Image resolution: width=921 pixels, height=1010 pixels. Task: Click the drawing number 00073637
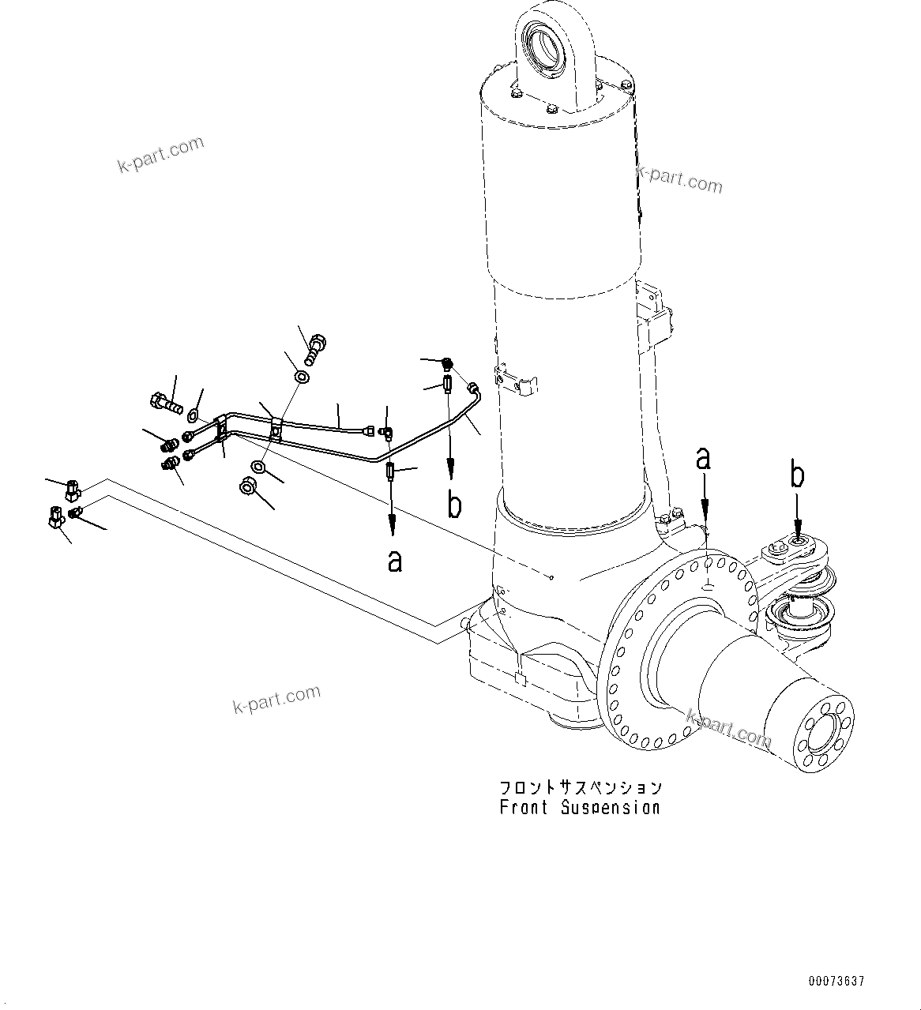836,982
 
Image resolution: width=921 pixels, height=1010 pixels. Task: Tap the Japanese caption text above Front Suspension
581,787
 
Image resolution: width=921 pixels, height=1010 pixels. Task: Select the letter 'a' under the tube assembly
395,561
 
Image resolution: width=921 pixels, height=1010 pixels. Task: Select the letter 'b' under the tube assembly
454,505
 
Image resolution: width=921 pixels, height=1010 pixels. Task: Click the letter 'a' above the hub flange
703,459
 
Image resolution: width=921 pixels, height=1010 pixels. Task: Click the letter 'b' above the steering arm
799,476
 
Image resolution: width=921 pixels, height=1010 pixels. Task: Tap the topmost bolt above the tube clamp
316,348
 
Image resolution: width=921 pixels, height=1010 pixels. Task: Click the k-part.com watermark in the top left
160,155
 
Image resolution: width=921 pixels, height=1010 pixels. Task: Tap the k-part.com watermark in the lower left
276,699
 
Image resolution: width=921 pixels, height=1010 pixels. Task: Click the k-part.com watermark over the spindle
728,728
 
